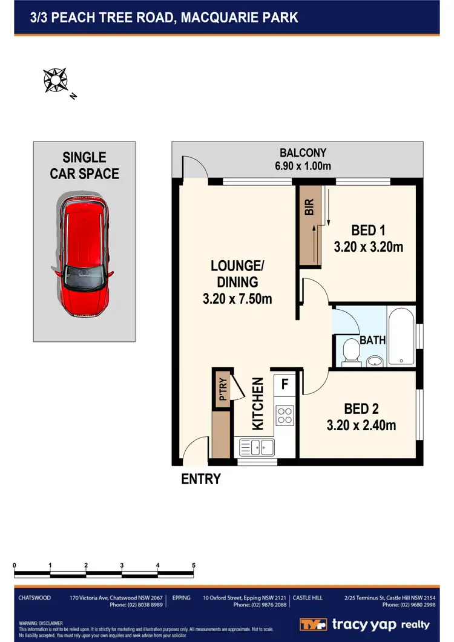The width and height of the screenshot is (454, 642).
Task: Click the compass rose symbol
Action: click(x=55, y=81)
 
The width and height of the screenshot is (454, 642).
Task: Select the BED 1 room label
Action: click(x=369, y=230)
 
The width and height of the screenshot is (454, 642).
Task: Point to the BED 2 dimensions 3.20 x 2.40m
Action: click(x=361, y=425)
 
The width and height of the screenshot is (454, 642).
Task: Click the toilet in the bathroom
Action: click(x=350, y=352)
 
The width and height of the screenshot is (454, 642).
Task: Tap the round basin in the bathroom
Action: click(x=375, y=362)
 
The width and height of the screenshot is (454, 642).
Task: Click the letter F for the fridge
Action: click(x=285, y=383)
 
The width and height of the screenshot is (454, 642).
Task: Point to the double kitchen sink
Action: click(x=257, y=448)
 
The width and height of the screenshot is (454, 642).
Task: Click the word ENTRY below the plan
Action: click(x=201, y=479)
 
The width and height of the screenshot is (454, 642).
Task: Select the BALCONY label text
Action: click(x=303, y=153)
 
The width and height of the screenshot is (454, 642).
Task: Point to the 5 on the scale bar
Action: click(x=194, y=565)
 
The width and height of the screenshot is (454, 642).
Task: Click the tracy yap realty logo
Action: click(x=364, y=624)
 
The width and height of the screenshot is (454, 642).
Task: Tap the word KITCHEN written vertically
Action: click(x=258, y=404)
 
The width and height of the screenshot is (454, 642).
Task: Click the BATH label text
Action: click(x=372, y=340)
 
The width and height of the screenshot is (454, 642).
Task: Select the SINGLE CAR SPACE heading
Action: click(x=84, y=165)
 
